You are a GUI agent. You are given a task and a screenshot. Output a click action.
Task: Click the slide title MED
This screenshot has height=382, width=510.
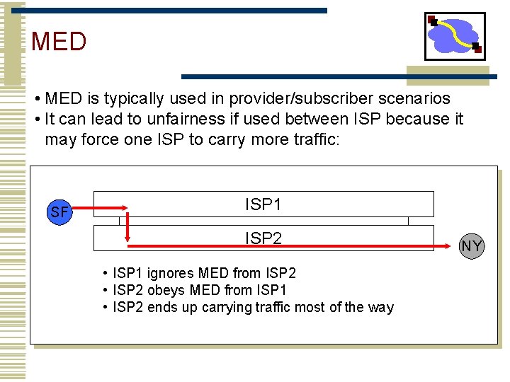(x=59, y=42)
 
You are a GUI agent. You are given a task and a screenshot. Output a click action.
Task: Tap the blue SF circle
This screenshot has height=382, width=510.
(x=60, y=211)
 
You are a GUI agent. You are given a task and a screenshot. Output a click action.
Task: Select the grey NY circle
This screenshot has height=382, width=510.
(x=472, y=245)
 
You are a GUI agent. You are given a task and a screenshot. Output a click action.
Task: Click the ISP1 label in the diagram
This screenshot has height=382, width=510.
(x=263, y=204)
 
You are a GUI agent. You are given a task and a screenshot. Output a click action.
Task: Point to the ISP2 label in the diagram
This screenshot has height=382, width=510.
(x=263, y=238)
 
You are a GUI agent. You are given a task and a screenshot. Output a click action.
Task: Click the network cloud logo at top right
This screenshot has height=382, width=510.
(x=455, y=36)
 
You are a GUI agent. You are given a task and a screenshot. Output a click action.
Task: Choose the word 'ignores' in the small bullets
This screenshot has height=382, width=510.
(x=171, y=273)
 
